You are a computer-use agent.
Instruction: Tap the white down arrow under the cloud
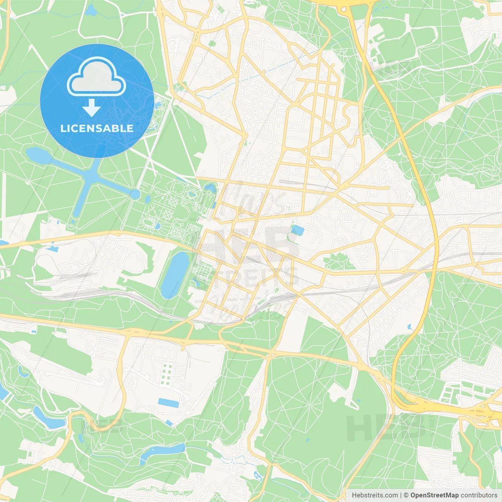[x=91, y=107]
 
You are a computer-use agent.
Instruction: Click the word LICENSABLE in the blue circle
[x=97, y=129]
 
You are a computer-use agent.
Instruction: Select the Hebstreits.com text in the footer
[x=375, y=495]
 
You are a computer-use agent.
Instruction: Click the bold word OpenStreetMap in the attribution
[x=434, y=495]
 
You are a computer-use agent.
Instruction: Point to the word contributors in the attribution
[x=479, y=495]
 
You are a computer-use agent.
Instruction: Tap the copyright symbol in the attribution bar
[x=406, y=495]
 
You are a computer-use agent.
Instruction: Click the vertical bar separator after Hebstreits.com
[x=401, y=495]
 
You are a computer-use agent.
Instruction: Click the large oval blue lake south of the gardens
[x=175, y=275]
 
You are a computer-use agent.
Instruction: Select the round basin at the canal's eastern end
[x=135, y=194]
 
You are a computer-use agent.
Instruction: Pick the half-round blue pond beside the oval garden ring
[x=158, y=226]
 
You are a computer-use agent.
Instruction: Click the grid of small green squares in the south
[x=167, y=374]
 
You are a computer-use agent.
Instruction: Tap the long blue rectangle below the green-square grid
[x=169, y=403]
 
